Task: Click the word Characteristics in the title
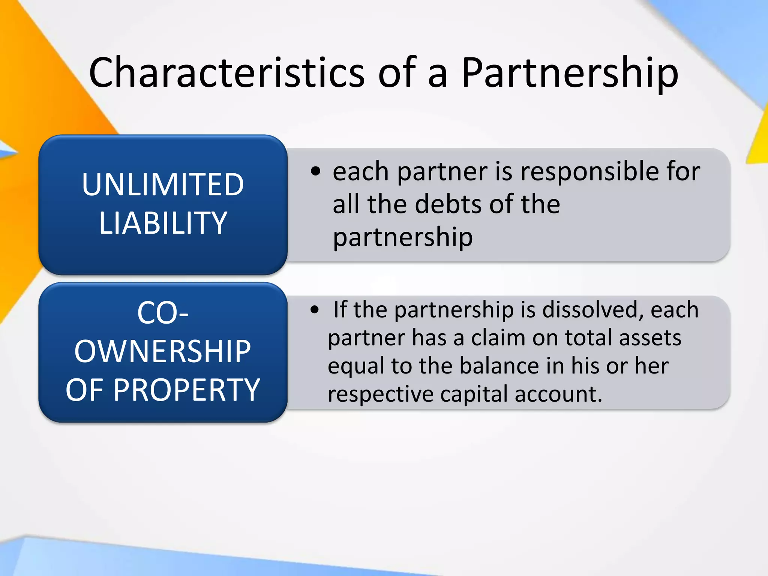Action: pyautogui.click(x=226, y=72)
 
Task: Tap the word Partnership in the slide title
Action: pyautogui.click(x=570, y=72)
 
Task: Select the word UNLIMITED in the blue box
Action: pyautogui.click(x=163, y=184)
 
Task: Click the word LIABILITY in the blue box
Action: pyautogui.click(x=163, y=223)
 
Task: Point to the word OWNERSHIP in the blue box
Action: pyautogui.click(x=163, y=352)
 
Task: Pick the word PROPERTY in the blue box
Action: pyautogui.click(x=186, y=390)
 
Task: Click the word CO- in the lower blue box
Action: pyautogui.click(x=163, y=313)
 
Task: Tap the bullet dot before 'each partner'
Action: pyautogui.click(x=316, y=171)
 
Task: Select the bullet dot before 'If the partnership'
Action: pyautogui.click(x=315, y=310)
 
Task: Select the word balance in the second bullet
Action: pyautogui.click(x=499, y=366)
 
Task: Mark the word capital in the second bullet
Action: pyautogui.click(x=474, y=394)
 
